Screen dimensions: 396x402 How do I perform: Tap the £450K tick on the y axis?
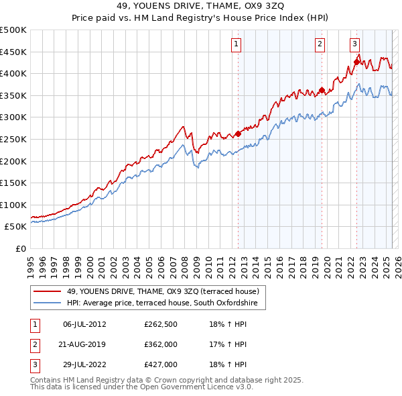[14, 52]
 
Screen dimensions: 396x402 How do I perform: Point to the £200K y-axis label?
[14, 161]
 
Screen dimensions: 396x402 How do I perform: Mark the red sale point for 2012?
[238, 134]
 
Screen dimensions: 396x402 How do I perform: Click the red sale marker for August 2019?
[322, 91]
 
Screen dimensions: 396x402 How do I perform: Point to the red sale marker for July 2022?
[356, 62]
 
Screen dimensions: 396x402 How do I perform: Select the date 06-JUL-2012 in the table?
[84, 325]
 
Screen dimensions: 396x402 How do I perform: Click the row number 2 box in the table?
[34, 344]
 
